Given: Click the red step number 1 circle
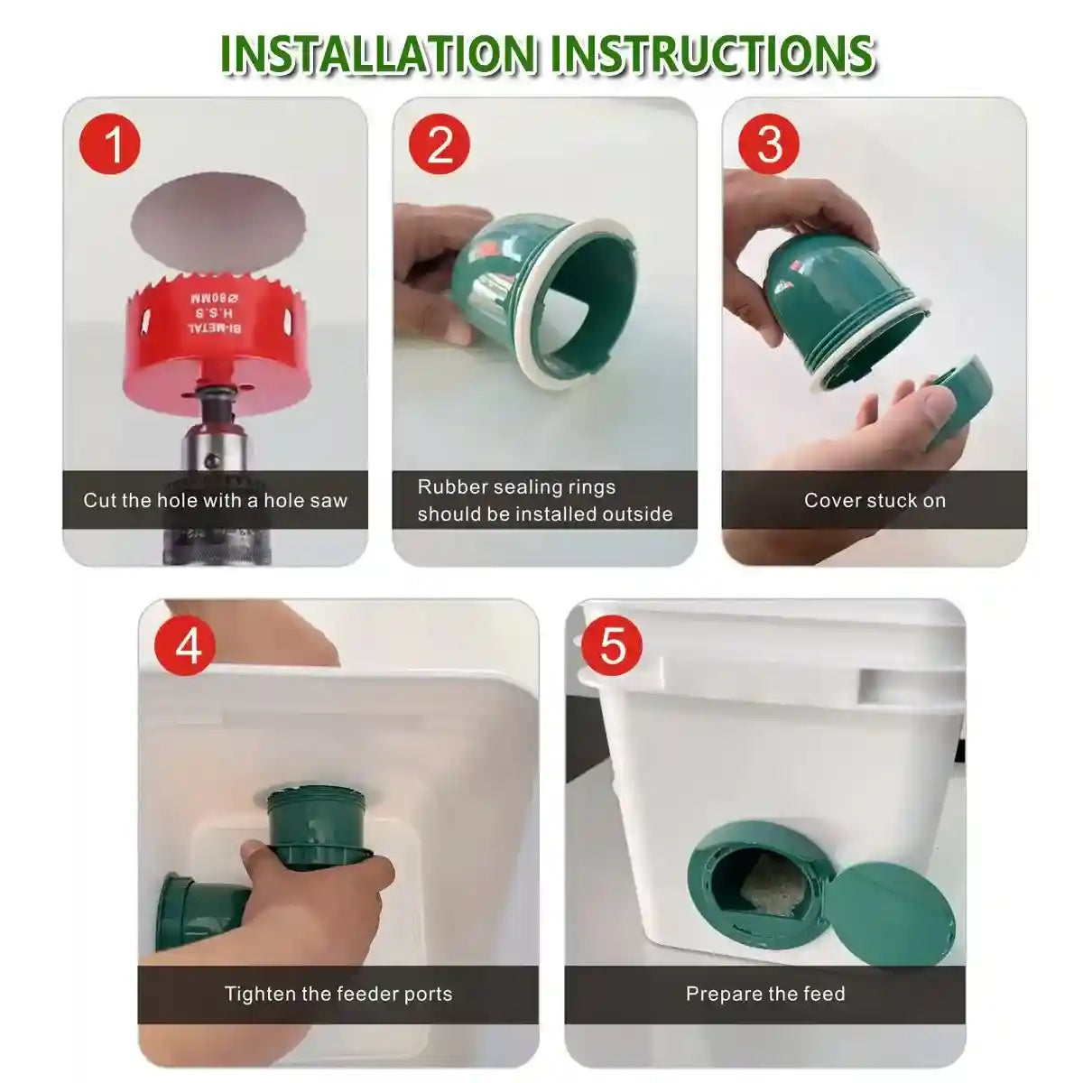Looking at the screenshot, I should pos(110,144).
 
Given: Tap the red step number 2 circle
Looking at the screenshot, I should pos(440,144).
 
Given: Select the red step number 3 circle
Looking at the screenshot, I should pos(769,144).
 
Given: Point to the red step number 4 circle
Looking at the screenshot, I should pos(188,646).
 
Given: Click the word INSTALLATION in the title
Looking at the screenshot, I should pos(379,54).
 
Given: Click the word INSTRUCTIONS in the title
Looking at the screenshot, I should pos(713,54).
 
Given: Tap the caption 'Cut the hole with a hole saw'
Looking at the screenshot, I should pos(215,500).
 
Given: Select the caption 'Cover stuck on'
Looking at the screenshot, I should pos(875,500).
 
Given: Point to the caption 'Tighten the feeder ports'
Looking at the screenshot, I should pos(338,994).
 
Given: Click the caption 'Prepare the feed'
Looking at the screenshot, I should pos(765,994).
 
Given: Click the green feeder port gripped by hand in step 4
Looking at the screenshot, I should pos(316,826).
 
